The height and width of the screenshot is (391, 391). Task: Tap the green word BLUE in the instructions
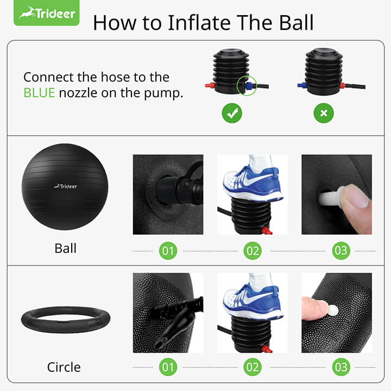pos(39,93)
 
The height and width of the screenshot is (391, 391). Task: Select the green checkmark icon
pos(232,113)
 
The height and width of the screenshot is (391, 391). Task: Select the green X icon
pos(324,113)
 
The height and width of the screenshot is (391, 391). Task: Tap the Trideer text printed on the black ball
pos(65,186)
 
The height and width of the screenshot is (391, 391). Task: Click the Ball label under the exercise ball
pos(65,248)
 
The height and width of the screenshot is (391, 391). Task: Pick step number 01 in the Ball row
pos(168,250)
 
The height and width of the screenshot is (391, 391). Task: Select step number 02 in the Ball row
pos(253,250)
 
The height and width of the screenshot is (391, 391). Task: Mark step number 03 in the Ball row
pos(340,250)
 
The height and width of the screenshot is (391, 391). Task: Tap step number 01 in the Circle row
pos(168,367)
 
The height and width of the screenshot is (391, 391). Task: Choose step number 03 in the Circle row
pos(340,367)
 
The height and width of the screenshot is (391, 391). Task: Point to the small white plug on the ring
pos(333,311)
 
